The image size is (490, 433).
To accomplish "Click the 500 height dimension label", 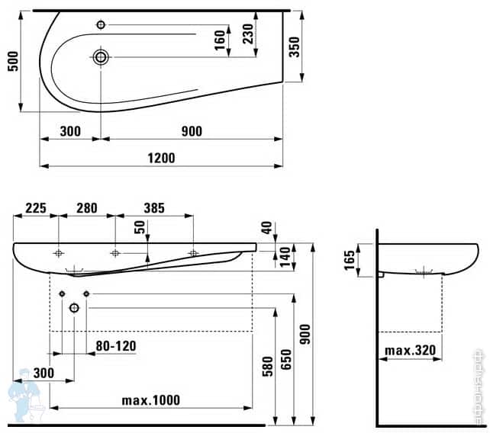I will point(11,61).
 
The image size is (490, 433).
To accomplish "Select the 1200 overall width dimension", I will point(162,158).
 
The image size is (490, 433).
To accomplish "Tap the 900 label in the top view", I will point(192,131).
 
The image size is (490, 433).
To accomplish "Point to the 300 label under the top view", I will point(69,131).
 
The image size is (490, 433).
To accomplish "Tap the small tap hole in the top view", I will point(102,24).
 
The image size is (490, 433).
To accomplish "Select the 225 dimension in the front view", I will point(37,207).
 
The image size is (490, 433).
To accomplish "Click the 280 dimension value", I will point(86,207).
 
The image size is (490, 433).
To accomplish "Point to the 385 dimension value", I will point(153,207).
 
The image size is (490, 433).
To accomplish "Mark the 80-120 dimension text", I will point(115,346).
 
